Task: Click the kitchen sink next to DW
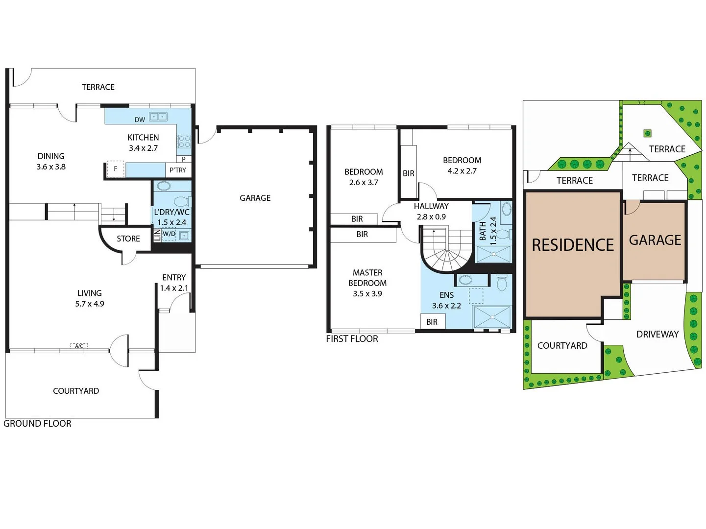click(158, 117)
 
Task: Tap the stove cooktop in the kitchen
click(184, 142)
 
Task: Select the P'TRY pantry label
click(177, 170)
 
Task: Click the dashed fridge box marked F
click(115, 169)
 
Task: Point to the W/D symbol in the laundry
click(169, 234)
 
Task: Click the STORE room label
click(128, 239)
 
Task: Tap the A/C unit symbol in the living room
click(79, 346)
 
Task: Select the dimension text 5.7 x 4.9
click(90, 304)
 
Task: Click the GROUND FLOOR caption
click(37, 424)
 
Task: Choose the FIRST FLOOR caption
click(352, 338)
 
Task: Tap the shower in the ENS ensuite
click(492, 318)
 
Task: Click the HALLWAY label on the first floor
click(431, 206)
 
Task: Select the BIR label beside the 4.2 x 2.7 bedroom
click(409, 173)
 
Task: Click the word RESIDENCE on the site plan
click(573, 245)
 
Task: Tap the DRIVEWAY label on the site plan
click(657, 335)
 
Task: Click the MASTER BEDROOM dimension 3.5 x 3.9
click(367, 293)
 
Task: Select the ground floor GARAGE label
click(255, 198)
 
